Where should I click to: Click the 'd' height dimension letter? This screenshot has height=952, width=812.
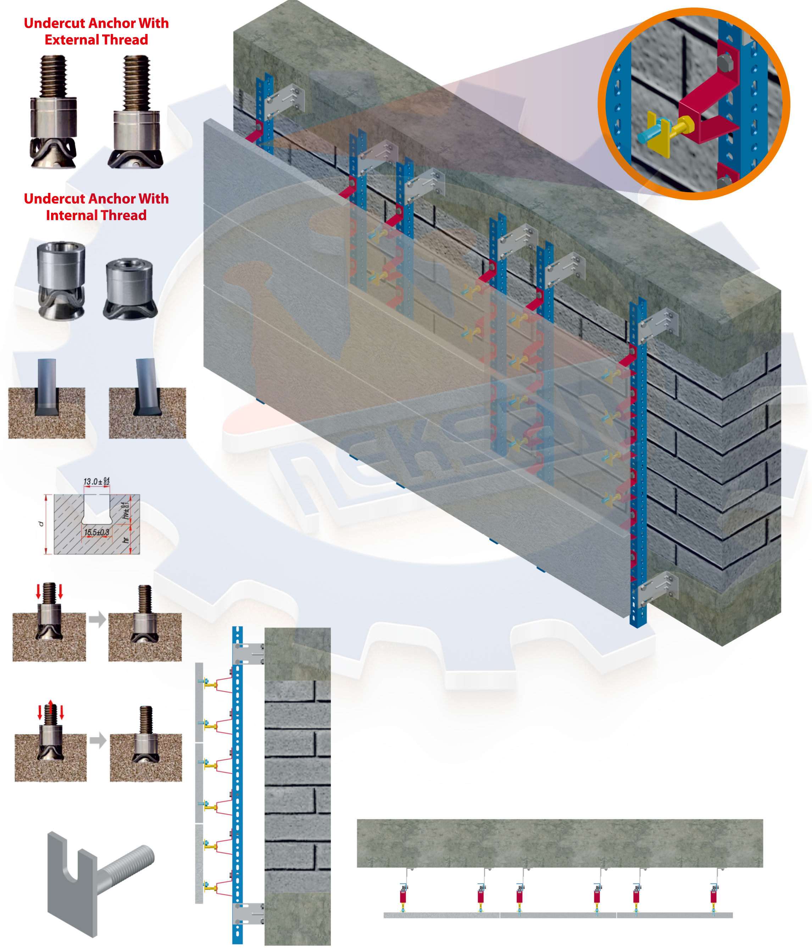coord(40,524)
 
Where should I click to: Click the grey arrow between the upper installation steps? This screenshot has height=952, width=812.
coord(97,619)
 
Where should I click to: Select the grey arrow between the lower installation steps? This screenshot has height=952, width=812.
coord(98,740)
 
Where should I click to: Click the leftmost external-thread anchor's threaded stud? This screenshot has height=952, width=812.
coord(53,76)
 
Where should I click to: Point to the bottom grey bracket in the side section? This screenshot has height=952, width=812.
coord(248,913)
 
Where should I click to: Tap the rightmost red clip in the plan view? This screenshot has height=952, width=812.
coord(713,896)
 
